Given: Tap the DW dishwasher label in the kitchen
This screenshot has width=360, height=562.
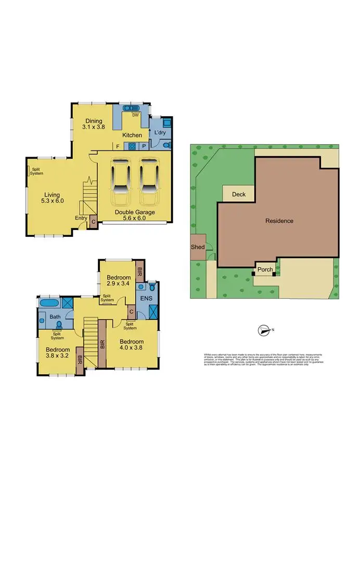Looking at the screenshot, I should [135, 115].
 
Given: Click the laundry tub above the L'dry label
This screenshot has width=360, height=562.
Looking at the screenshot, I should [167, 123].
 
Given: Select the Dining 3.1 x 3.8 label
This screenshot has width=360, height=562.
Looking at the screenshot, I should [94, 124].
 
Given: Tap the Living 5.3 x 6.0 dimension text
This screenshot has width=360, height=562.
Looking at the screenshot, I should [54, 197].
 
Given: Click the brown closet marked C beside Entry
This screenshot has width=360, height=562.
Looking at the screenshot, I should [93, 222].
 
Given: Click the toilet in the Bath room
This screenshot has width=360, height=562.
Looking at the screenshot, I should [59, 324].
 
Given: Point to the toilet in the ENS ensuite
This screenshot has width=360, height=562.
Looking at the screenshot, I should [152, 286].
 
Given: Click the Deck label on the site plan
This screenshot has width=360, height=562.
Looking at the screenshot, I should [238, 194].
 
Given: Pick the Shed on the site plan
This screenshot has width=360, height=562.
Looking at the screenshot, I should [198, 247].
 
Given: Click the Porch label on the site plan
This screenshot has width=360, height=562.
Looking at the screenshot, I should [265, 270].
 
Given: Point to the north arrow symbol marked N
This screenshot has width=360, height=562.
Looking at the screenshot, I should [265, 330].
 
